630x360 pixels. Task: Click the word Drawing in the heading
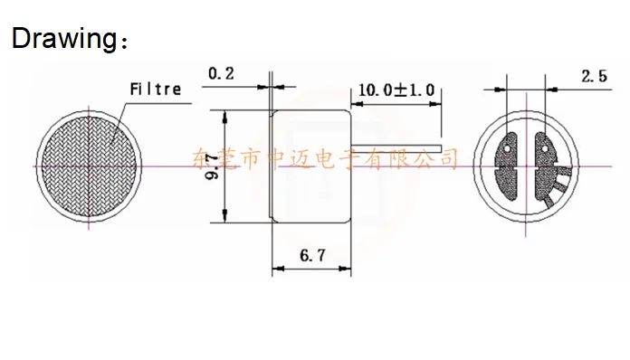pos(63,39)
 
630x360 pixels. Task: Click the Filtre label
pos(156,90)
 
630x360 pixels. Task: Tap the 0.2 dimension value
pos(221,73)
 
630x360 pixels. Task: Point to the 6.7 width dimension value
pos(312,255)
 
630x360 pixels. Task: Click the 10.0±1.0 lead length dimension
pos(396,90)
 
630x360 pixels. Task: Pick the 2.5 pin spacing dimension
pos(594,76)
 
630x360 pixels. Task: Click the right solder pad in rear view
pos(546,167)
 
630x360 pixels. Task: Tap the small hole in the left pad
pos(507,148)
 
